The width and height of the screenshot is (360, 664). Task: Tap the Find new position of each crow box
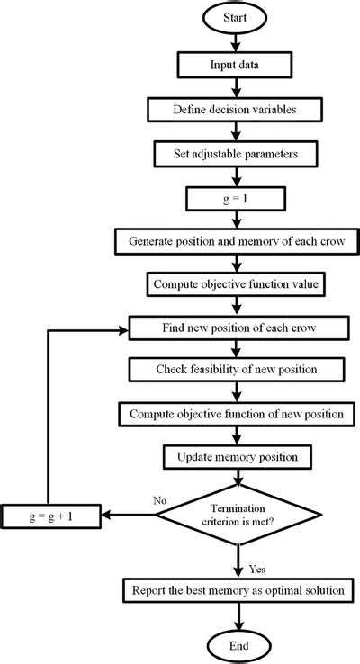click(x=238, y=327)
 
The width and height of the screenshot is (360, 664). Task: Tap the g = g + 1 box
click(x=53, y=516)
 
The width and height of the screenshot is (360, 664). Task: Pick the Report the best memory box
click(x=238, y=589)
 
